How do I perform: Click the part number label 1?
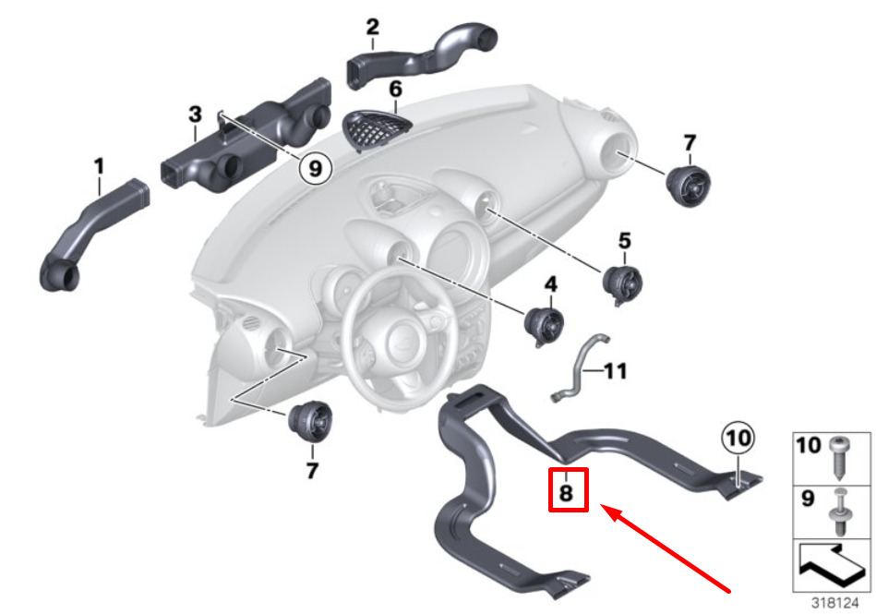pos(99,166)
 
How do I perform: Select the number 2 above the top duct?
pos(373,26)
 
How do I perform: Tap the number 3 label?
pos(195,114)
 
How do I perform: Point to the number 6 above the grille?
pos(396,89)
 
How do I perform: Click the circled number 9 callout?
pos(315,168)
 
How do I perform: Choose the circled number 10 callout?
pos(738,438)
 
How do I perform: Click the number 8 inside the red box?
pos(567,493)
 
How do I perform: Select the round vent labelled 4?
pos(544,326)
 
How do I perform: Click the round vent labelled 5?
pos(622,285)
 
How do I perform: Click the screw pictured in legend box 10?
pos(839,458)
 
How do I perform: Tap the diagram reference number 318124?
pos(834,604)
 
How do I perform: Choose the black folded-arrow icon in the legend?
pos(832,565)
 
